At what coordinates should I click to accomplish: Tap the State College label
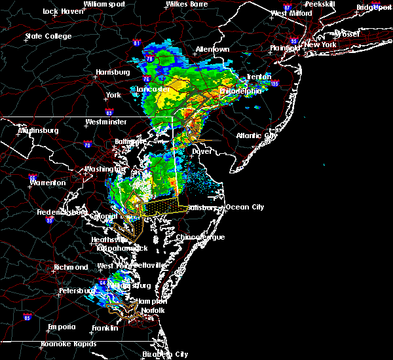pos(48,36)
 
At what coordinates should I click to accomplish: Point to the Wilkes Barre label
pos(186,4)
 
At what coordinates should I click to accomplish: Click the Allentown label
pos(212,50)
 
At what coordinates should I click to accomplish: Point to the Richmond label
pos(71,267)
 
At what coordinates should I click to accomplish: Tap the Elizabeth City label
pos(164,354)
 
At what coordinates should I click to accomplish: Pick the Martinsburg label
pos(38,130)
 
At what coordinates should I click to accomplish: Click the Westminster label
pos(105,122)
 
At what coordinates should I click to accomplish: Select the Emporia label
pos(62,327)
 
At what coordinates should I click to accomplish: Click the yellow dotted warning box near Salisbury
pos(160,208)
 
